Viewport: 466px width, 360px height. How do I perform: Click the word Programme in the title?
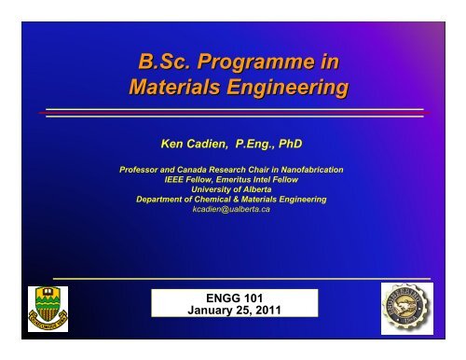pos(264,64)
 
